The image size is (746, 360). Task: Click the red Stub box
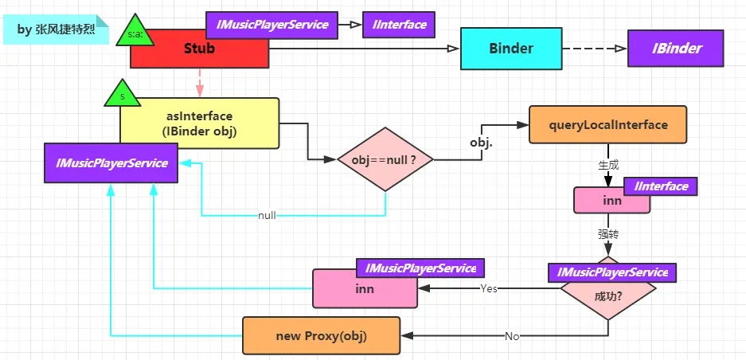point(199,49)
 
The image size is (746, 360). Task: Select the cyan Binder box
point(511,49)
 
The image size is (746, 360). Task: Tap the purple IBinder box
point(677,49)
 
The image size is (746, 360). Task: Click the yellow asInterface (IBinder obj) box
point(200,123)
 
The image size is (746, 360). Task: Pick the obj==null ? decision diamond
point(385,159)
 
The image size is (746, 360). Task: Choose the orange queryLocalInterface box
point(607,125)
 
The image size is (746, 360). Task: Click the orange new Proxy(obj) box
point(321,335)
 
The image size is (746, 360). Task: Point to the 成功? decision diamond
point(608,295)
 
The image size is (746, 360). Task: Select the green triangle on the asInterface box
point(123,95)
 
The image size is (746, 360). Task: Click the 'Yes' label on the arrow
point(488,288)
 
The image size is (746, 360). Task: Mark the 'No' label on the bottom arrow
point(511,336)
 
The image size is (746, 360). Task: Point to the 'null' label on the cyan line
point(267,216)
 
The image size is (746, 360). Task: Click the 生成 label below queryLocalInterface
point(608,165)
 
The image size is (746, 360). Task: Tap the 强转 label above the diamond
point(608,233)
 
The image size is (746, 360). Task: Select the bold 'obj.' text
point(480,143)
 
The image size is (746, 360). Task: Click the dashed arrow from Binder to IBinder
point(594,49)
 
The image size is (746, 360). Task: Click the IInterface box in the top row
point(399,25)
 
